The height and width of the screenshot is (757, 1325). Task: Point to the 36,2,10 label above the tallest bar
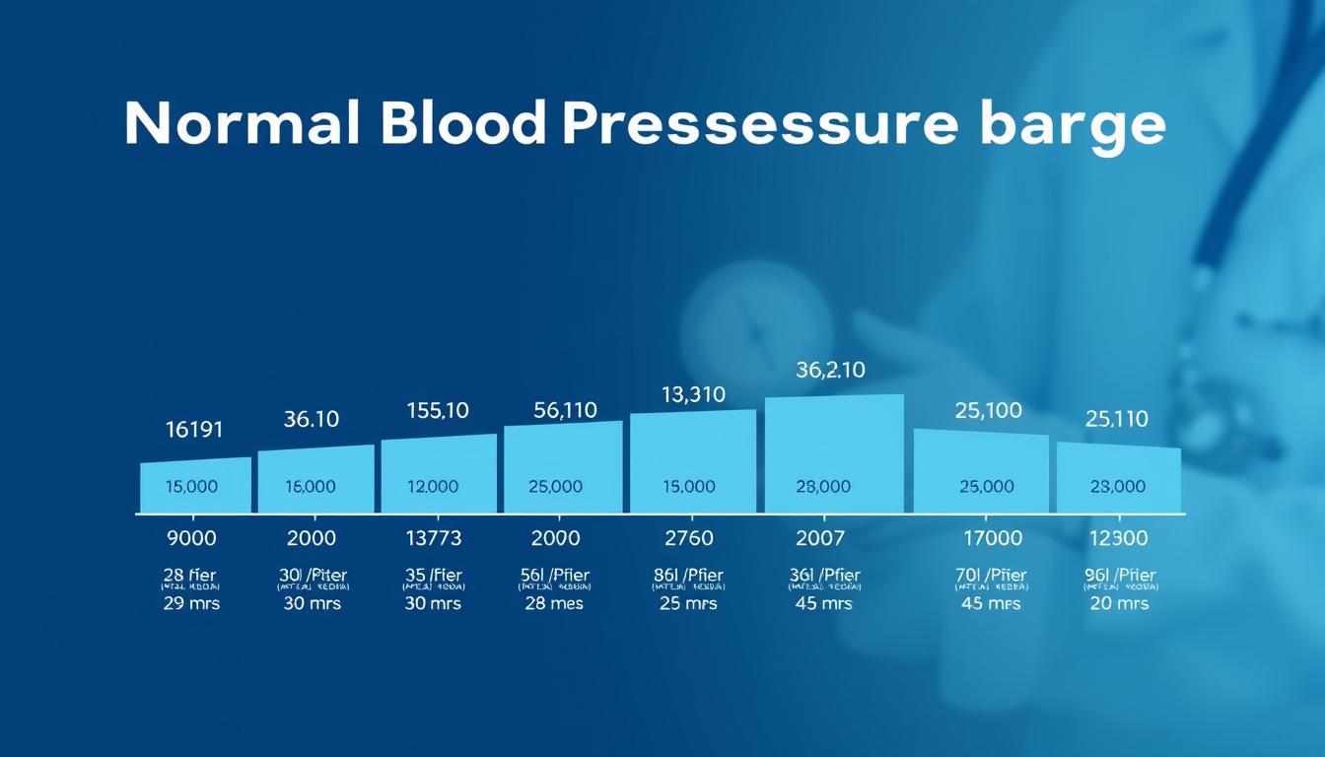pos(830,371)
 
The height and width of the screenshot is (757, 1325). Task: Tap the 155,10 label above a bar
pos(438,410)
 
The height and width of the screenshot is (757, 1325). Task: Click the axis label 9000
pos(192,538)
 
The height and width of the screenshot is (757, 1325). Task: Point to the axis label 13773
pos(434,538)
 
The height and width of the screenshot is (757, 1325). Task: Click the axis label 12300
pos(1117,538)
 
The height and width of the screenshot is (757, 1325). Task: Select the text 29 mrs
pos(192,603)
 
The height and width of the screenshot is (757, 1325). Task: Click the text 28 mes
pos(554,603)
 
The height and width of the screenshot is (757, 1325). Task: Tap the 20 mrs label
pos(1119,603)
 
